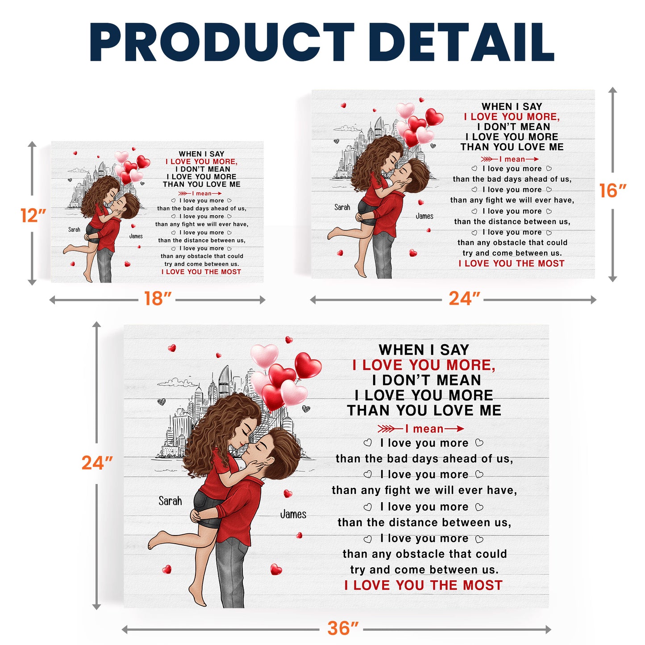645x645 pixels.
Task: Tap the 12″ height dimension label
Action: click(x=33, y=216)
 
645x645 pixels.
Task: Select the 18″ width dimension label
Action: click(x=158, y=299)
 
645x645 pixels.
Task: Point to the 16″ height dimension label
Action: click(x=612, y=191)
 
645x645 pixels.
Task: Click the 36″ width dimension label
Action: click(x=342, y=628)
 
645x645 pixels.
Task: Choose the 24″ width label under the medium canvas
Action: click(x=464, y=299)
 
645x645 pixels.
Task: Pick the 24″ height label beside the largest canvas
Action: click(x=97, y=463)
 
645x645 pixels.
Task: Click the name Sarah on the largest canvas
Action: click(x=170, y=501)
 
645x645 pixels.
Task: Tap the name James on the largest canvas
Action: click(x=293, y=514)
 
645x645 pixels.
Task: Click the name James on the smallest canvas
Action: click(x=136, y=236)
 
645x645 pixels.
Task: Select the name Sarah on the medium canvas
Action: click(x=342, y=207)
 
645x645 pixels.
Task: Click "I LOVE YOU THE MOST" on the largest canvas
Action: click(x=423, y=585)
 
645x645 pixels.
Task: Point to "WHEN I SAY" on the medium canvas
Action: click(x=512, y=106)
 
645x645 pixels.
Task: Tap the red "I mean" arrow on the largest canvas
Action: click(x=421, y=429)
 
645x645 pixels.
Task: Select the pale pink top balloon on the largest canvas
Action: click(x=265, y=355)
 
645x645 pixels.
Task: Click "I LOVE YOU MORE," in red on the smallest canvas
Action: click(x=202, y=162)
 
